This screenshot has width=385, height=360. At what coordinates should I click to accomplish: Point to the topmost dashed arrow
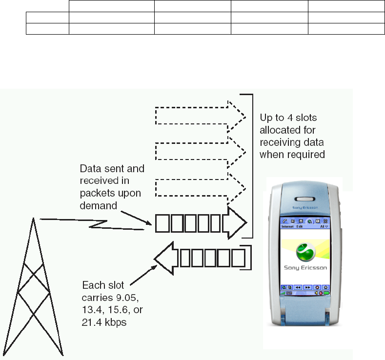(200, 113)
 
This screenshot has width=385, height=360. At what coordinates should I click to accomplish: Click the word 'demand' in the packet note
(98, 205)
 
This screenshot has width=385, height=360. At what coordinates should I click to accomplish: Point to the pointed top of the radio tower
(34, 219)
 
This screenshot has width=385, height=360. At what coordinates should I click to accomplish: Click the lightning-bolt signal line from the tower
(93, 224)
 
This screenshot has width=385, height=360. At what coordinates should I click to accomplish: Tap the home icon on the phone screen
(325, 287)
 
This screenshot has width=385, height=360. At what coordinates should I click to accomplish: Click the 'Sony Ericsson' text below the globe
(305, 267)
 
